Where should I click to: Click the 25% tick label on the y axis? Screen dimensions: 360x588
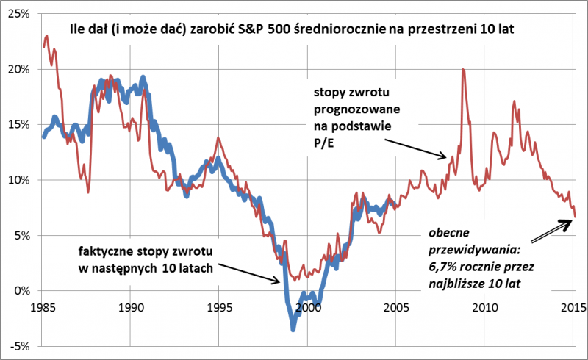coord(18,14)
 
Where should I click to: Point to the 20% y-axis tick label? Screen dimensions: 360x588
coord(18,69)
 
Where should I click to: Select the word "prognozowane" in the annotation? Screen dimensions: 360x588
coord(356,109)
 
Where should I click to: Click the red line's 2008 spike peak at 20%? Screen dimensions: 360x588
coord(462,69)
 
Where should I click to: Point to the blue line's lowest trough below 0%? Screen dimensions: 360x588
coord(293,328)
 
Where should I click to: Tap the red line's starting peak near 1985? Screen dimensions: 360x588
coord(47,35)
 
